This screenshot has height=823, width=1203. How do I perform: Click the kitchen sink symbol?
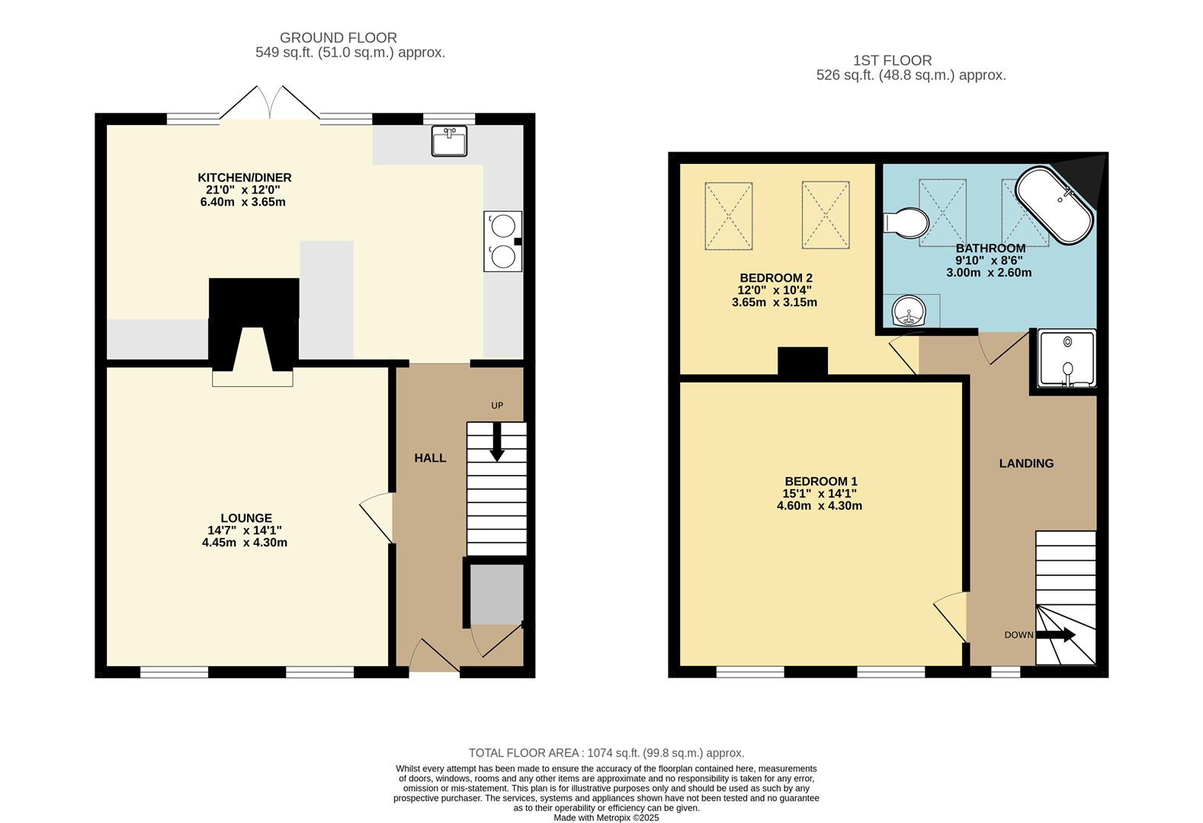click(x=449, y=141)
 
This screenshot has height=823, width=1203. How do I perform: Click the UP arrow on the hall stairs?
click(x=497, y=442)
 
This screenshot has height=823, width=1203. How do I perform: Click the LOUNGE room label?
click(x=245, y=518)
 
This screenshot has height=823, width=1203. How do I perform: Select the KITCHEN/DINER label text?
click(x=244, y=178)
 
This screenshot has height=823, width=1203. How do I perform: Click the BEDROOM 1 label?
click(x=821, y=482)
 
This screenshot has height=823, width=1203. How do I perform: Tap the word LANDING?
click(x=1026, y=463)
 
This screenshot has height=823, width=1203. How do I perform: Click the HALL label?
click(x=430, y=458)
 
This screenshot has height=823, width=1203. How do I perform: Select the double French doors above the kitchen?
click(x=270, y=104)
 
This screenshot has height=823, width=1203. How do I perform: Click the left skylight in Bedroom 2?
click(x=728, y=215)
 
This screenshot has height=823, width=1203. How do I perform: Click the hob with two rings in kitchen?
click(x=502, y=241)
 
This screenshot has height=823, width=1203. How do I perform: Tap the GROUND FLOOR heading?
click(x=338, y=37)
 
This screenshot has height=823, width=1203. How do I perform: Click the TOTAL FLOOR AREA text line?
click(x=606, y=753)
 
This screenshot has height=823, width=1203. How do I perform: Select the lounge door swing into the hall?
click(x=377, y=517)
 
